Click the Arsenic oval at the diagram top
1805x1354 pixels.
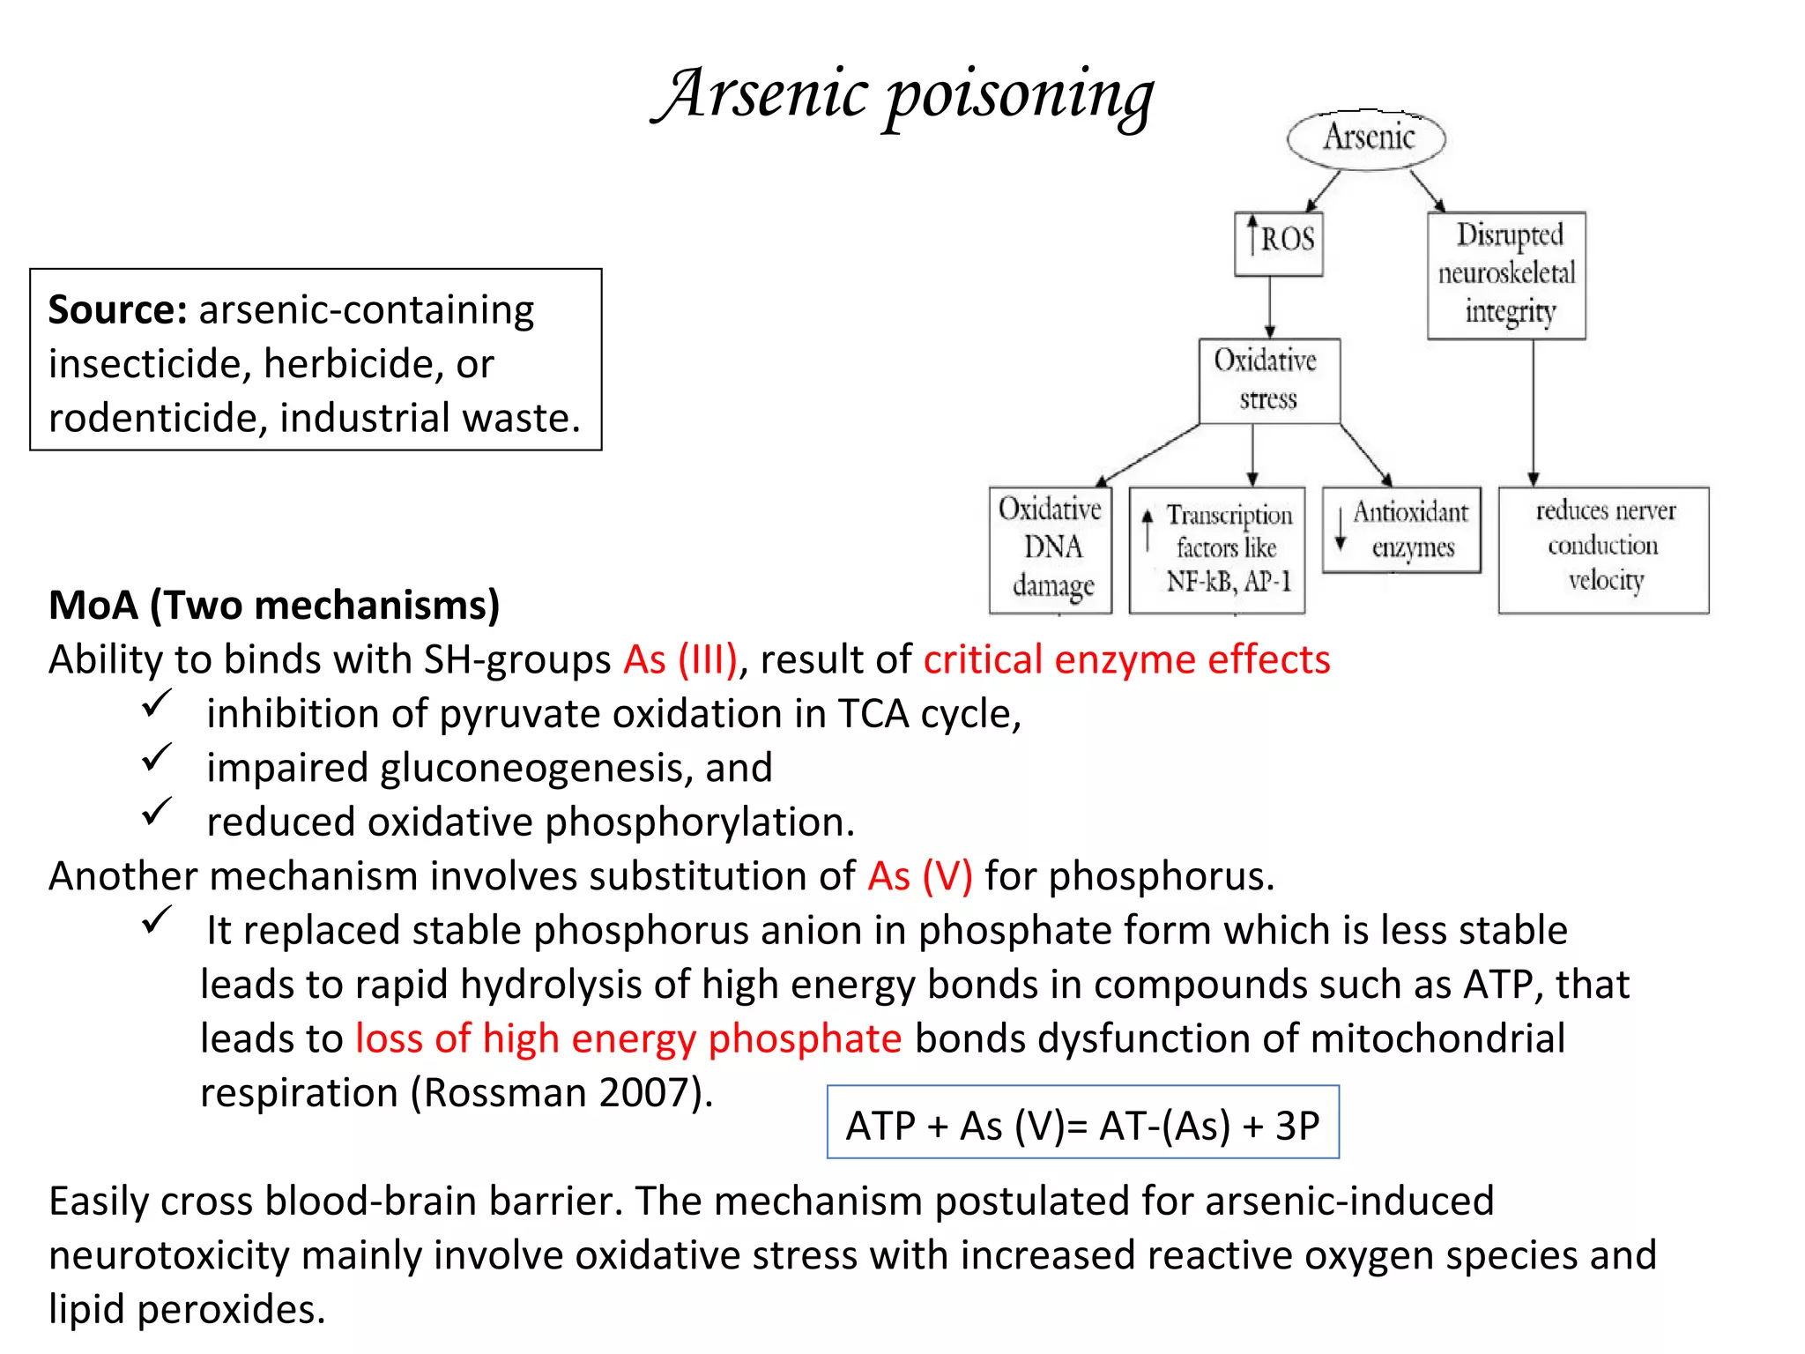[1367, 138]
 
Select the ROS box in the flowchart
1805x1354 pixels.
[1279, 243]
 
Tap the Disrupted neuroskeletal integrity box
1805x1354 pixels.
[1506, 275]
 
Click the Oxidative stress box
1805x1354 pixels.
[1269, 381]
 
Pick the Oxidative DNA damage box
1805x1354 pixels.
[1051, 549]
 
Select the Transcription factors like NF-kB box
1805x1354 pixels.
[1217, 549]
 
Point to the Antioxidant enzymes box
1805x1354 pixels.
[1402, 530]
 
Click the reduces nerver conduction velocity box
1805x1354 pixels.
[1603, 549]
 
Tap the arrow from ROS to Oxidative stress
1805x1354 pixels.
[1270, 308]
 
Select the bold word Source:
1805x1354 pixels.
[117, 310]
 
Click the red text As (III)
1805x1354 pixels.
[680, 659]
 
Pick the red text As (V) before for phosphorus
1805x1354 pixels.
[919, 876]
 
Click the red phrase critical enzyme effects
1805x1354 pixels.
[1126, 659]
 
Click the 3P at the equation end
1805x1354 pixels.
[1297, 1126]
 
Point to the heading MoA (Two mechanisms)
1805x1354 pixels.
[274, 606]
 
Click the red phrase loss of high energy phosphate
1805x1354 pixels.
[628, 1038]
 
